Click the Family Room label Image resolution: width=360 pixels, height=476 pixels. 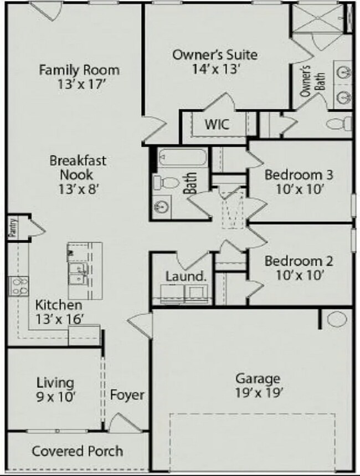coord(79,70)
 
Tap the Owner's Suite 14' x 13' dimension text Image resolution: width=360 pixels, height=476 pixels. coord(215,69)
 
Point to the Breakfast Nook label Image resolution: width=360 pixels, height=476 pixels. coord(78,168)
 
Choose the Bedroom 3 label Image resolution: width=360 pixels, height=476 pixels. coord(299,175)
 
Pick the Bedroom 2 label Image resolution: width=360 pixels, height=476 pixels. coord(299,260)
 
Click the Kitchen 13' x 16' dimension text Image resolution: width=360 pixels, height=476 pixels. coord(59,319)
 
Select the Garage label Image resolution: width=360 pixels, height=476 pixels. coord(258,379)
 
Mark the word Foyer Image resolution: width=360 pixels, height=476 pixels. coord(127,395)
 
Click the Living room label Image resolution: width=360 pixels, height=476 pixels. coord(55,382)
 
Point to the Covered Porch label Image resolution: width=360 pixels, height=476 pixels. coord(78,451)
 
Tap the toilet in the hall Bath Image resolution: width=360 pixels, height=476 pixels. coord(164,182)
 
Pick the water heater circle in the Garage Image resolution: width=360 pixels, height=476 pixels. coord(337,320)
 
